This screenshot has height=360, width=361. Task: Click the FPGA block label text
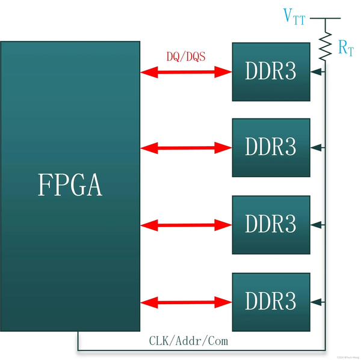(70, 185)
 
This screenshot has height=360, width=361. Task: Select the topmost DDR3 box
(271, 72)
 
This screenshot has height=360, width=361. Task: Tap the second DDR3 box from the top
(271, 147)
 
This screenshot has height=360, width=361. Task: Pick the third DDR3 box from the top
(271, 224)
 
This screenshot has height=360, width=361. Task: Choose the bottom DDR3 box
(271, 300)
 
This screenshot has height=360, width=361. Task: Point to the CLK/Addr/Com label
(188, 341)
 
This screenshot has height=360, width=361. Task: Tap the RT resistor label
(346, 49)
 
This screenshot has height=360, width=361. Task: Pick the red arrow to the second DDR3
(186, 147)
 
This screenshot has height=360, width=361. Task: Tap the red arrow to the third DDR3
(186, 225)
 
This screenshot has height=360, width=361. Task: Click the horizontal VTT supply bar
(326, 18)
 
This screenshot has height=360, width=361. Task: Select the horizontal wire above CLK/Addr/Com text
(199, 350)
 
